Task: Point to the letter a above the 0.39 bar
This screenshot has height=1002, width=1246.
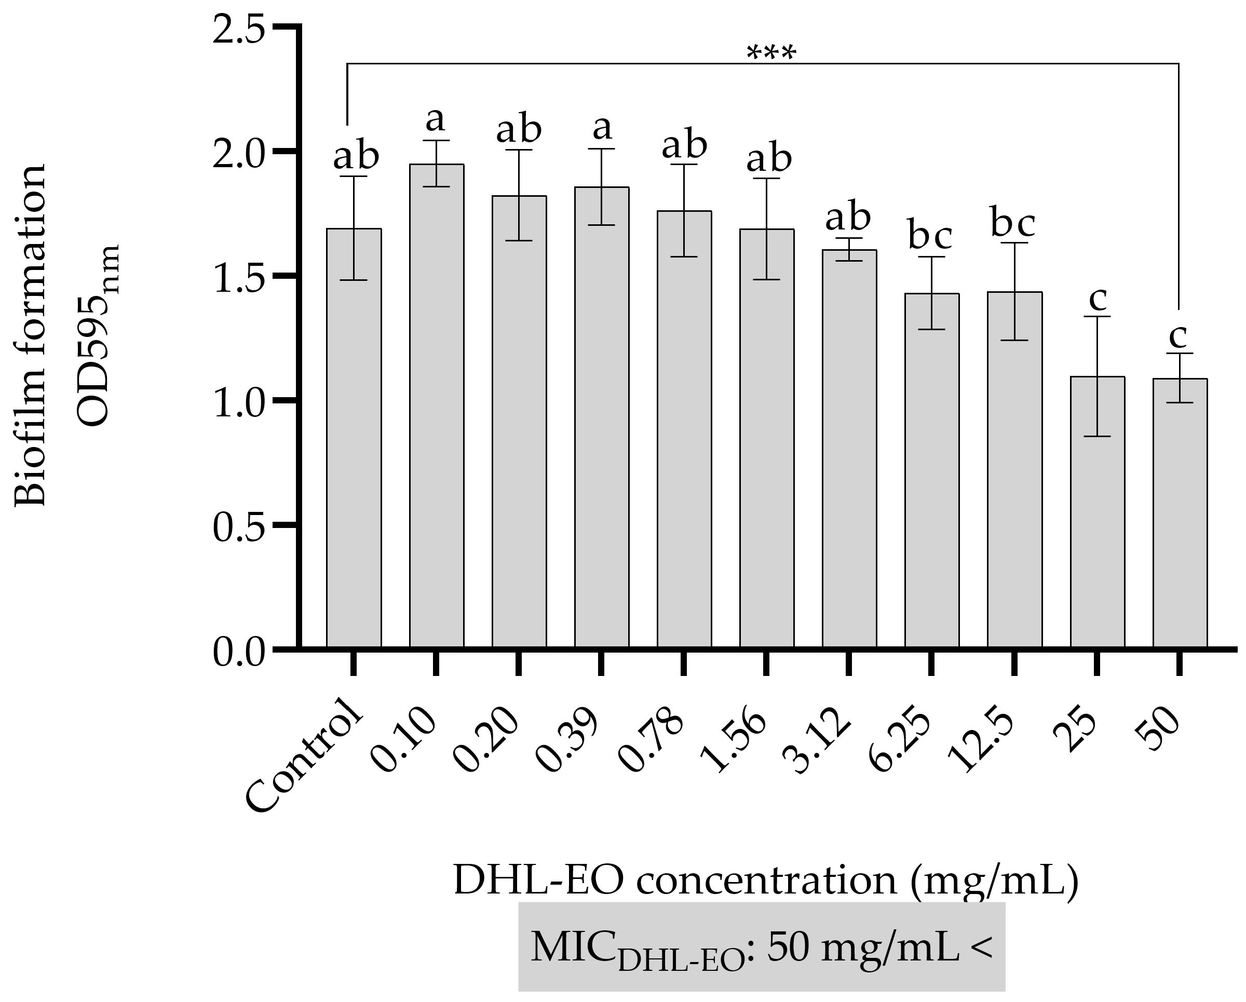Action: (602, 128)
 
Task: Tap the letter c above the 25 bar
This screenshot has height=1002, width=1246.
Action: (1097, 299)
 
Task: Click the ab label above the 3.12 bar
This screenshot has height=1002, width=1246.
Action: (848, 218)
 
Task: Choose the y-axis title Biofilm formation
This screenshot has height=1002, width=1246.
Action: (29, 335)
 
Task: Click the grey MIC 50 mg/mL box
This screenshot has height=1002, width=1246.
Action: (761, 947)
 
